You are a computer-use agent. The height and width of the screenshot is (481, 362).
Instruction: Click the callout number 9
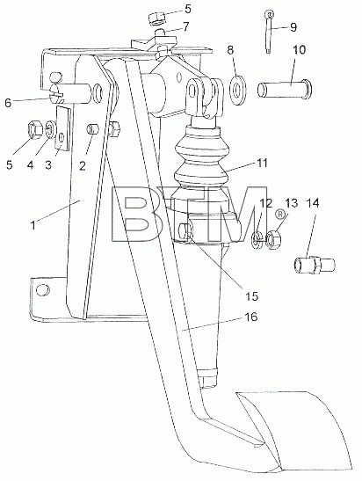[x=293, y=27]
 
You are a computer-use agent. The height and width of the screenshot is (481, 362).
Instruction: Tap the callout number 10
[x=299, y=50]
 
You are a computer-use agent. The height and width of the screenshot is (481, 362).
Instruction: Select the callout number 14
[x=313, y=203]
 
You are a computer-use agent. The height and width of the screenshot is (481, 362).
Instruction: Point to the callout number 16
[x=251, y=317]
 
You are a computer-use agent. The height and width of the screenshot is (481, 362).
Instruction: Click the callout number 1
[x=33, y=225]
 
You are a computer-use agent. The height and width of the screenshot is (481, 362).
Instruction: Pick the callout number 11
[x=262, y=163]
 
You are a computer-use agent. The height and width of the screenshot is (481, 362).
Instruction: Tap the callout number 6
[x=8, y=103]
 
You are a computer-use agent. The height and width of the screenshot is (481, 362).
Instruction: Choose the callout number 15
[x=251, y=296]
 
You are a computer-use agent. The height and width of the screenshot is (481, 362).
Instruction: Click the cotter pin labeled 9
[x=269, y=32]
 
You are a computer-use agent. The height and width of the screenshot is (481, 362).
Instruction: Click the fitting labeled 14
[x=315, y=265]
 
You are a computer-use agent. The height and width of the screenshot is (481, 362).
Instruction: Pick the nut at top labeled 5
[x=156, y=19]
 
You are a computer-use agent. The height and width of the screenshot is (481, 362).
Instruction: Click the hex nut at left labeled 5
[x=34, y=129]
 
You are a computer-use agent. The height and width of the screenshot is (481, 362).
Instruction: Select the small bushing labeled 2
[x=93, y=128]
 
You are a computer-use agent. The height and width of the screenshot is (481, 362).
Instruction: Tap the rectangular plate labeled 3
[x=63, y=128]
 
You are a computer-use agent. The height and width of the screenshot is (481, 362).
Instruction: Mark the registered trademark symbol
[x=279, y=215]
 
